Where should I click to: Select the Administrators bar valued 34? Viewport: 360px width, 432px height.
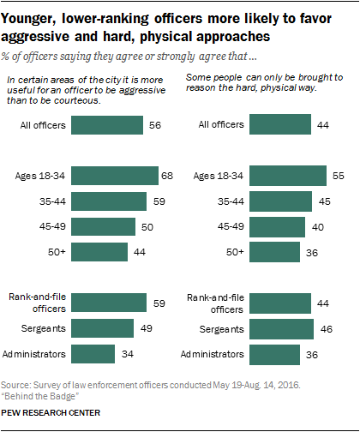click(x=93, y=354)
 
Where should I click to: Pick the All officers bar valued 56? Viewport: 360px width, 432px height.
click(x=107, y=126)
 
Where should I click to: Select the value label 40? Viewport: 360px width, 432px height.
click(x=318, y=226)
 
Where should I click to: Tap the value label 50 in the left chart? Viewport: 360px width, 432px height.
click(x=146, y=226)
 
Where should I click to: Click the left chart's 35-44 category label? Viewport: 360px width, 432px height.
click(x=51, y=201)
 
